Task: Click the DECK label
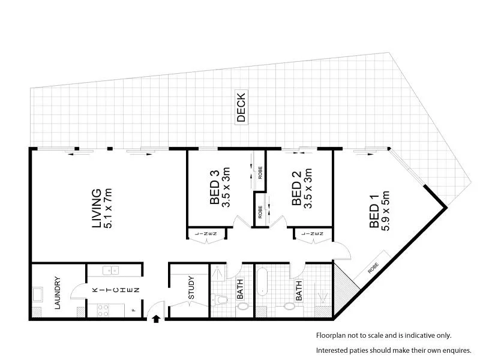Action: click(x=241, y=107)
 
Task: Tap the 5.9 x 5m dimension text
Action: click(x=386, y=211)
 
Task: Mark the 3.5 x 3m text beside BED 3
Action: click(x=226, y=188)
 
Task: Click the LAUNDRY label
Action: click(x=58, y=292)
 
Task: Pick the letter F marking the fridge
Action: click(x=134, y=310)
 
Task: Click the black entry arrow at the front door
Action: click(x=157, y=318)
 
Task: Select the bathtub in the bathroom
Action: click(x=262, y=283)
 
